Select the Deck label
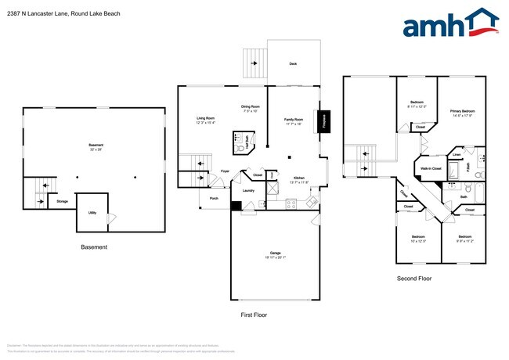[x=293, y=63]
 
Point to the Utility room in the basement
[x=92, y=212]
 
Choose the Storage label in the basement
[x=63, y=201]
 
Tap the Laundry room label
[x=248, y=190]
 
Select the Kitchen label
[x=298, y=178]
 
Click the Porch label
[x=214, y=198]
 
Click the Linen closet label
[x=457, y=154]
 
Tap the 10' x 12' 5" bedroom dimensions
[x=418, y=240]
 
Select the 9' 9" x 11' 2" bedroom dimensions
[x=464, y=240]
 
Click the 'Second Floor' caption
[x=413, y=278]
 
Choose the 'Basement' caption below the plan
[x=94, y=247]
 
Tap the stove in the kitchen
[x=291, y=204]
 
